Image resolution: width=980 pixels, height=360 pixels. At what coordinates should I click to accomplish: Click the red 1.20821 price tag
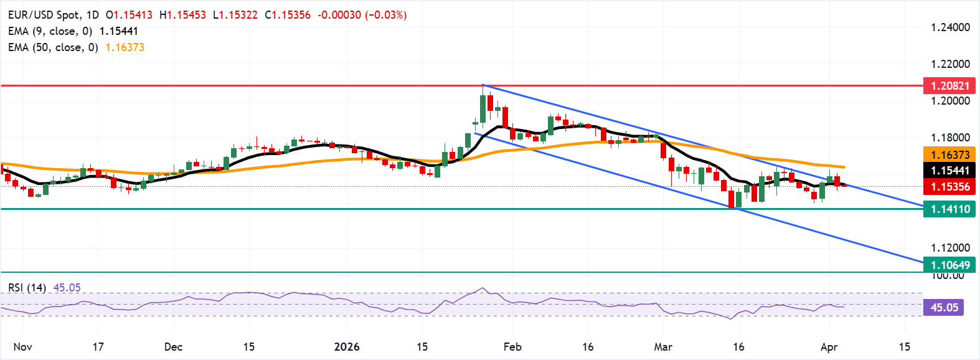click(x=949, y=86)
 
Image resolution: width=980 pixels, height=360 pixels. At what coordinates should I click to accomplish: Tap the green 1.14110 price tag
click(x=949, y=209)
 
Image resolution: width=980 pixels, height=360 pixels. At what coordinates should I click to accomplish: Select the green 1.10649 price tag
click(x=949, y=265)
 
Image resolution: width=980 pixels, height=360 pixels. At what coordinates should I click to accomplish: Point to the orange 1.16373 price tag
click(x=949, y=155)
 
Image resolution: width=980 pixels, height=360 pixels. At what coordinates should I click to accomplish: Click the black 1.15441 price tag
click(x=949, y=171)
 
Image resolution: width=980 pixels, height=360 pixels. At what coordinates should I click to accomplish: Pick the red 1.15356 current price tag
click(x=949, y=187)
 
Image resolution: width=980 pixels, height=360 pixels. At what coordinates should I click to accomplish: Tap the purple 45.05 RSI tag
click(x=944, y=308)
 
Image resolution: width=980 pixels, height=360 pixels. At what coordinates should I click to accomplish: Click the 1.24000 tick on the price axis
click(x=950, y=27)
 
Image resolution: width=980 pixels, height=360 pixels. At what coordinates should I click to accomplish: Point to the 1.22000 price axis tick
click(x=950, y=64)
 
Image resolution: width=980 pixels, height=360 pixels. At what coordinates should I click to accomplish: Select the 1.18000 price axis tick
click(x=950, y=138)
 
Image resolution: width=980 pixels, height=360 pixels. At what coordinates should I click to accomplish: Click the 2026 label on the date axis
click(x=347, y=347)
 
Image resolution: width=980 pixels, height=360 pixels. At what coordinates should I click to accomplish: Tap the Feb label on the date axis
click(x=512, y=347)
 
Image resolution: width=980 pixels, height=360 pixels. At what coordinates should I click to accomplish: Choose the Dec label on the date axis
click(x=173, y=347)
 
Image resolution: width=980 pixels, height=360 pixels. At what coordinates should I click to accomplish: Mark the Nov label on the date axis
click(x=22, y=347)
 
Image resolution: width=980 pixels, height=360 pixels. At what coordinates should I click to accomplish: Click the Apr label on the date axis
click(x=829, y=347)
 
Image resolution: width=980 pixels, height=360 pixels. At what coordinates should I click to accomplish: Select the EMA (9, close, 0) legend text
click(x=50, y=31)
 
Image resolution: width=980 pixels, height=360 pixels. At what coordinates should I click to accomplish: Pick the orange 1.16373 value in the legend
click(x=125, y=47)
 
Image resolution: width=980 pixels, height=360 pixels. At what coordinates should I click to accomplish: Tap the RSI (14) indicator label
click(x=27, y=288)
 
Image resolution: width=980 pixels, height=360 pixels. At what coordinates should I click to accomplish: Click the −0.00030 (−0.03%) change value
click(x=362, y=15)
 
